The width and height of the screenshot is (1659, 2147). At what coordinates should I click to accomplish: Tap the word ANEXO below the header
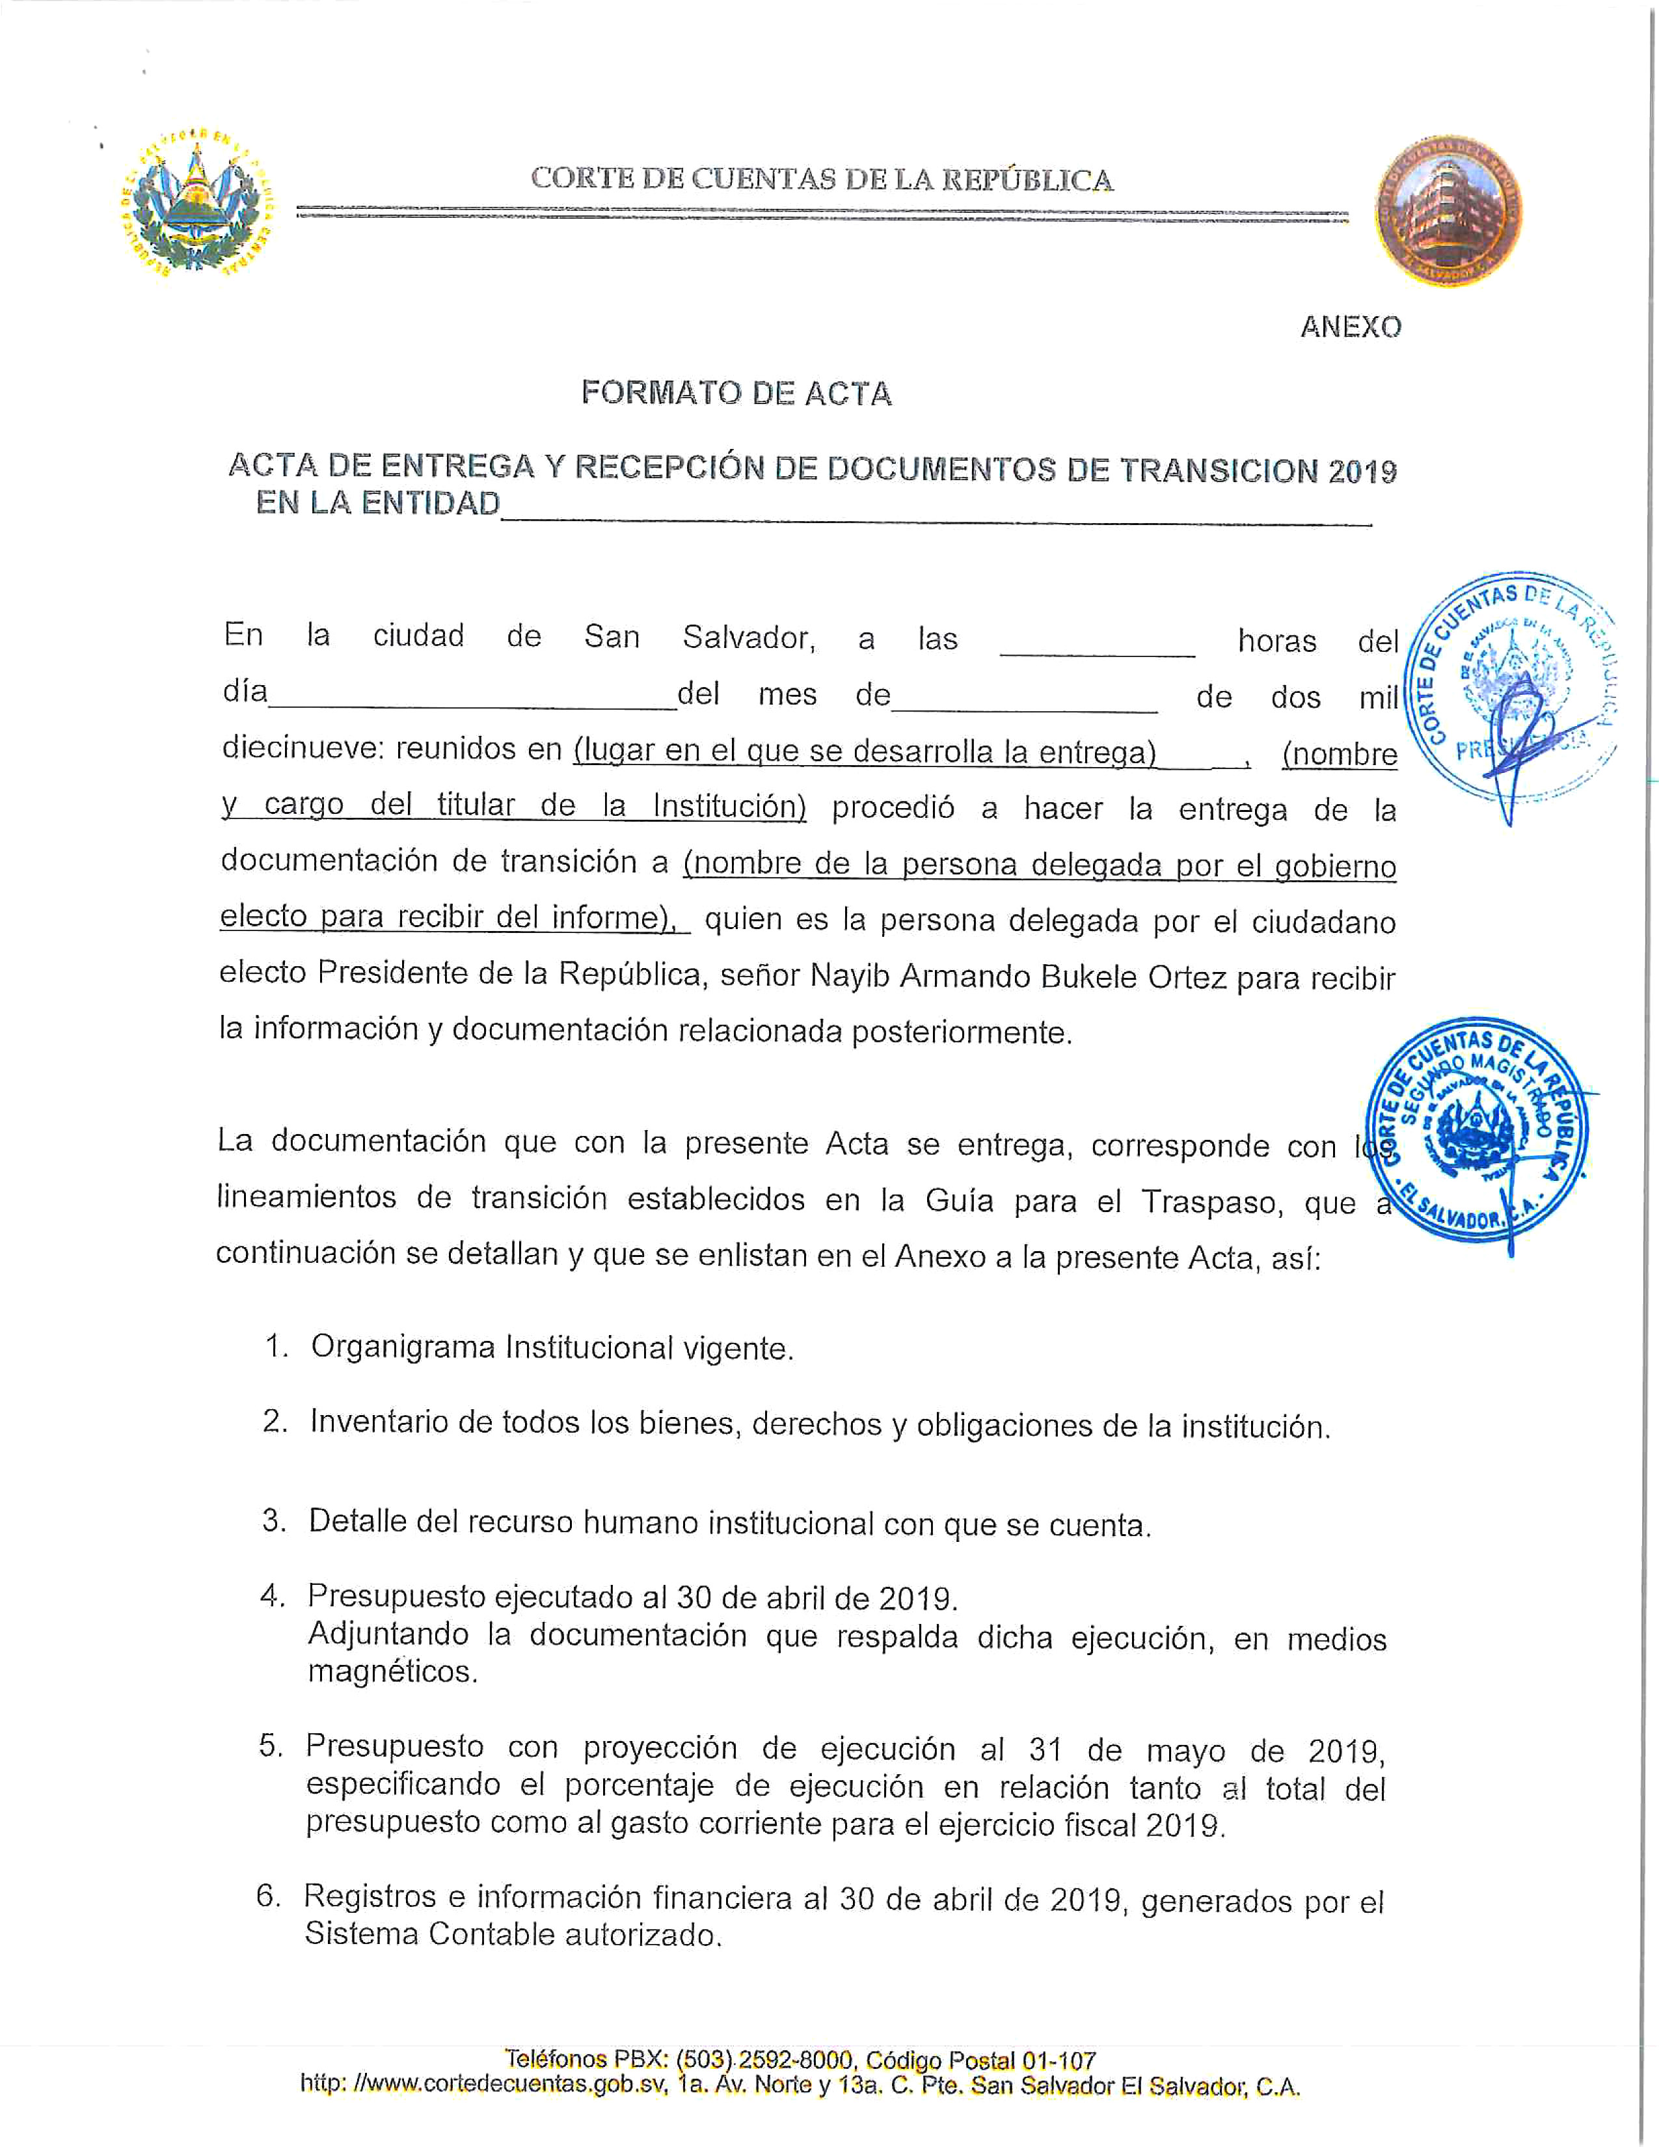(x=1351, y=327)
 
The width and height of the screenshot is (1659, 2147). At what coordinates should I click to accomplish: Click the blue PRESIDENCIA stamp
(x=1513, y=686)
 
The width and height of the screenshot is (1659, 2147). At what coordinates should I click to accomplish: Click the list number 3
(x=273, y=1521)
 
